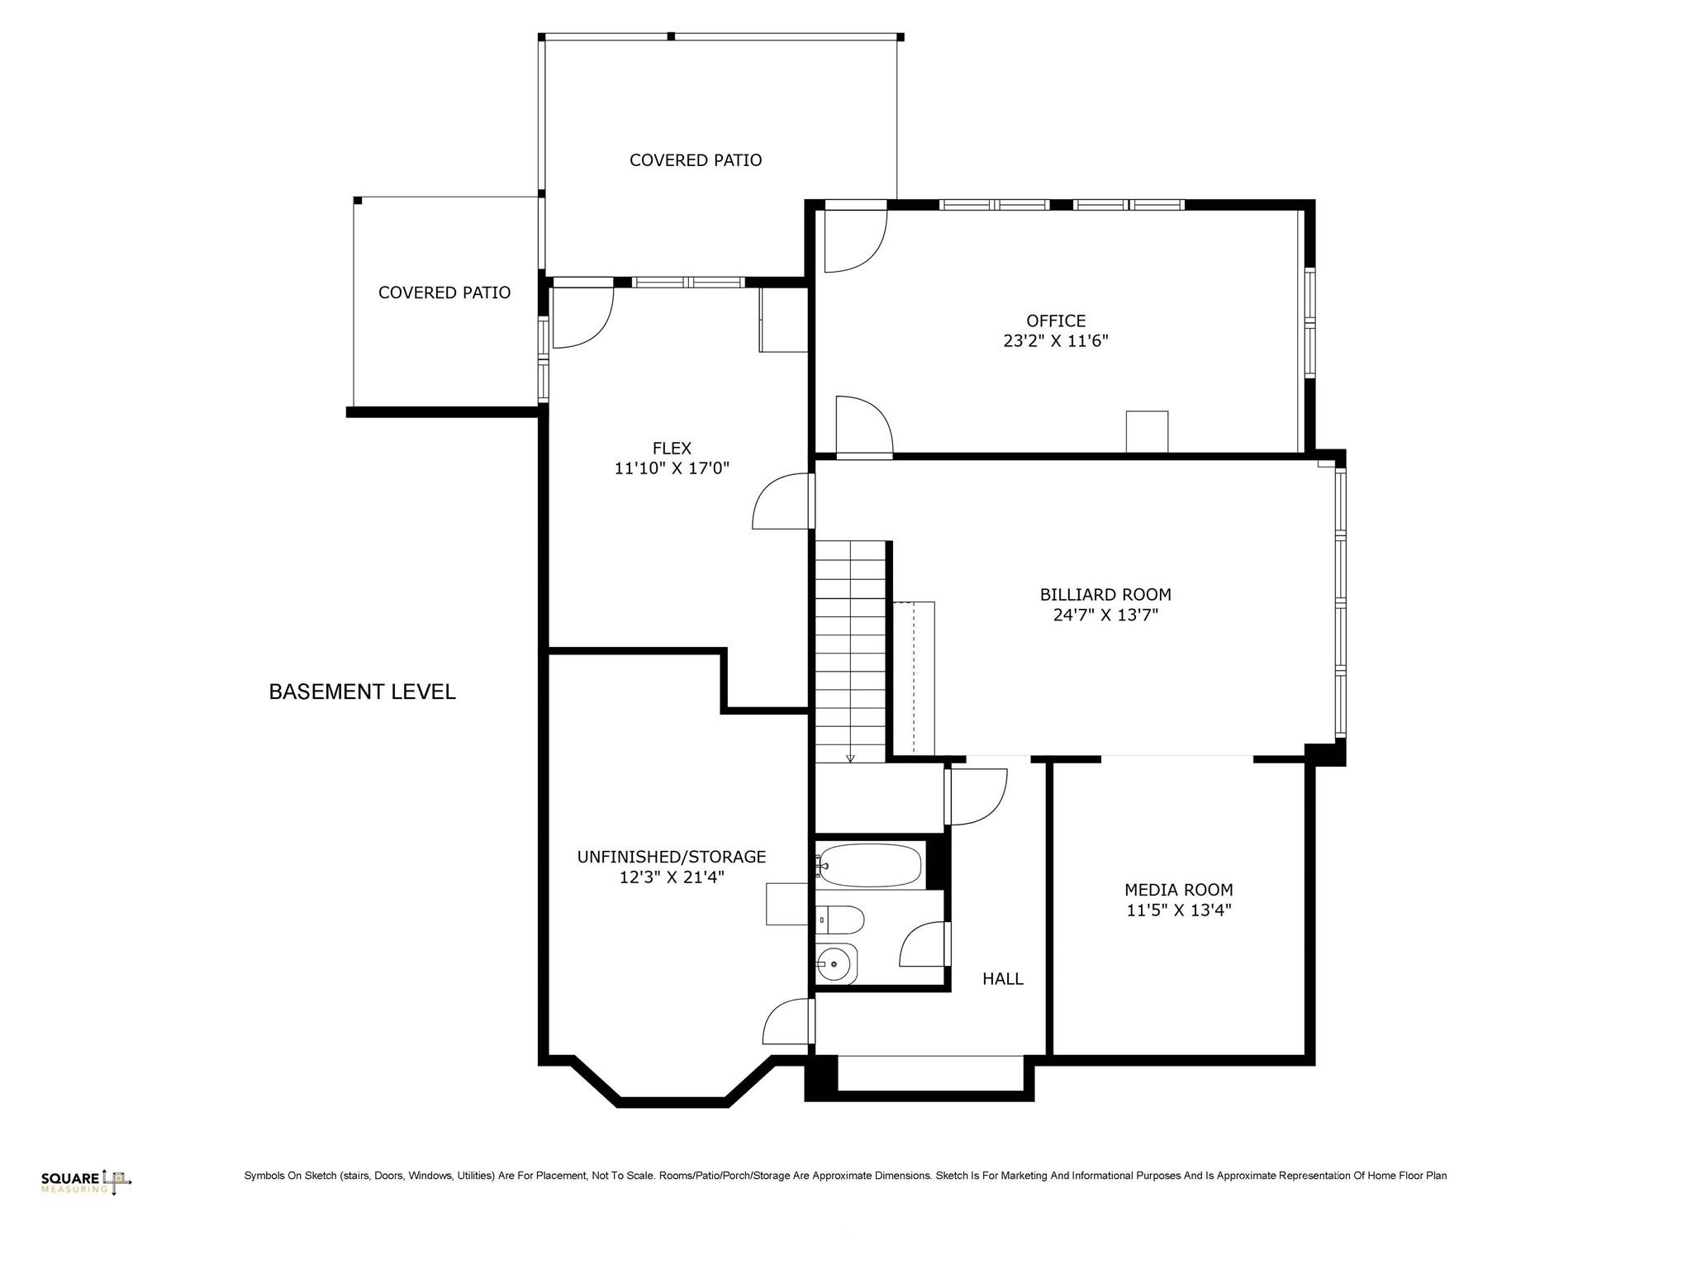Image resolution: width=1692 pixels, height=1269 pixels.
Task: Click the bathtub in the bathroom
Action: tap(870, 865)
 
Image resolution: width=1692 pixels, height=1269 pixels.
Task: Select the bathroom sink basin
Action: tap(836, 963)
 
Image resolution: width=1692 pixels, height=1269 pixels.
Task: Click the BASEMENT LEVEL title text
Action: tap(362, 692)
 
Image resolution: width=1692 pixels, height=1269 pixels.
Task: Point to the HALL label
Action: tap(1002, 979)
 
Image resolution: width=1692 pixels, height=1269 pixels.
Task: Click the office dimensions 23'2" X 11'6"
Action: tap(1055, 341)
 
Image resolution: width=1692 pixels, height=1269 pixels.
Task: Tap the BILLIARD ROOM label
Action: tap(1105, 594)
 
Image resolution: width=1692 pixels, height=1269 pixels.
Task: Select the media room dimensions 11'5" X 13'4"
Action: tap(1178, 910)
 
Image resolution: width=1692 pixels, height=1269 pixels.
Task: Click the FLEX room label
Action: tap(671, 449)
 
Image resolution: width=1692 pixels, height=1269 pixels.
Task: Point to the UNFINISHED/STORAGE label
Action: tap(671, 857)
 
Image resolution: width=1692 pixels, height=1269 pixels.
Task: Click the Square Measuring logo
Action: tap(86, 1182)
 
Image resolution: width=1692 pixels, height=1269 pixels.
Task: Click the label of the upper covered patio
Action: tap(695, 160)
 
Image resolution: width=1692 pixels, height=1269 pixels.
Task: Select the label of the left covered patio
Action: tap(444, 292)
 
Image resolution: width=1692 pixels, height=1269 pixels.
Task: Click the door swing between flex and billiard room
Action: tap(781, 502)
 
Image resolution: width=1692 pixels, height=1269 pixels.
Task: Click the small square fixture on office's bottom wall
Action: tap(1147, 431)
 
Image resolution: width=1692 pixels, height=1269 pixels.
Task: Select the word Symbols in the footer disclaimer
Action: tap(263, 1176)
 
